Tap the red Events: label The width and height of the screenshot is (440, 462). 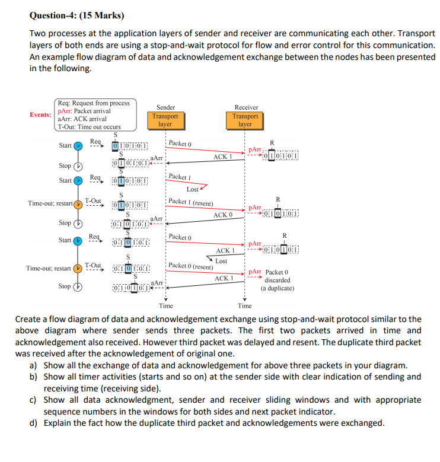coord(41,114)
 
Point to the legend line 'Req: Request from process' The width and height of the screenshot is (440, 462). coord(93,103)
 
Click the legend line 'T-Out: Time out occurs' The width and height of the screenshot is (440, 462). coord(89,126)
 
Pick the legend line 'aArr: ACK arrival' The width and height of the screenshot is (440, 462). coord(83,119)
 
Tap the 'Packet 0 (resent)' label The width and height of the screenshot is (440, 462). coord(190,266)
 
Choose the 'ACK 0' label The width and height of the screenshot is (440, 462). coord(223,214)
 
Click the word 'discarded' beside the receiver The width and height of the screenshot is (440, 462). coord(277,280)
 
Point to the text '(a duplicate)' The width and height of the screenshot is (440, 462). coord(277,288)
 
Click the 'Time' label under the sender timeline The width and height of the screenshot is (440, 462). coord(166,306)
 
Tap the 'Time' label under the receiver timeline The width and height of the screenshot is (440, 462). coord(245,306)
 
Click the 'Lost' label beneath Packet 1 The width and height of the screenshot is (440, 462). coord(193,189)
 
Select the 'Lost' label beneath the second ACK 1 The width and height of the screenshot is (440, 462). coord(221,261)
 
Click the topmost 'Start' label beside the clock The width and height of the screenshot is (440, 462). coord(65,145)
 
